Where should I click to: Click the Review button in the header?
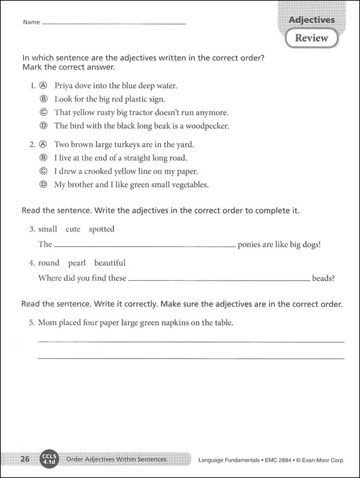(311, 38)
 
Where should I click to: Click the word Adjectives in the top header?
(311, 20)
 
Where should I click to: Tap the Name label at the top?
(31, 22)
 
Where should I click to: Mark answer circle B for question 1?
(43, 99)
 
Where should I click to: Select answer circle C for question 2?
(43, 172)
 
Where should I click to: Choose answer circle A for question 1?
(43, 85)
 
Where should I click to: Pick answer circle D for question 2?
(43, 185)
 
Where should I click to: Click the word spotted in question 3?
(101, 229)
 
